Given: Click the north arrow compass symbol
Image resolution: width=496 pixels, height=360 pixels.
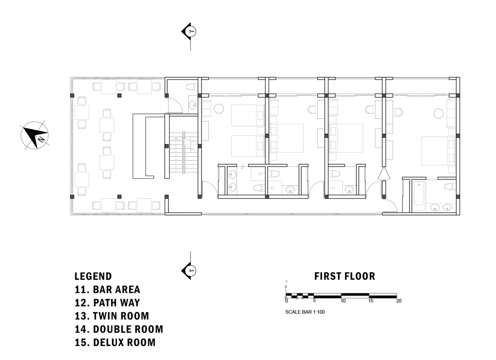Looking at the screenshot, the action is [35, 135].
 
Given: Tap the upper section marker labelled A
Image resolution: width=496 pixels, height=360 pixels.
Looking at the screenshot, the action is [189, 31].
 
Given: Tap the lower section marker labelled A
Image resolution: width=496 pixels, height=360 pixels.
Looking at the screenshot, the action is [189, 271].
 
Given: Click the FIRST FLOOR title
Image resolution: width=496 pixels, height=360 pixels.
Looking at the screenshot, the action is [345, 276].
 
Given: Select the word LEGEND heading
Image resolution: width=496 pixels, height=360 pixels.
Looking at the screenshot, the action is [93, 276].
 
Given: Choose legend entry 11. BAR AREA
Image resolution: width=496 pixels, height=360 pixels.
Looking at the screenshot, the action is [107, 290].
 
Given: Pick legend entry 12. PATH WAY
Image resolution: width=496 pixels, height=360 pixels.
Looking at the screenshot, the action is [107, 303].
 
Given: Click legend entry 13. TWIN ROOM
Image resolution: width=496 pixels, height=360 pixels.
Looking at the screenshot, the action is [112, 316].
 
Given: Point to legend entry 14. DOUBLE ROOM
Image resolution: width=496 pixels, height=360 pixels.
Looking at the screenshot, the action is [119, 330].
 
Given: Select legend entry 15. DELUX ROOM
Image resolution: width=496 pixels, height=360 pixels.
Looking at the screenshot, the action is [115, 343].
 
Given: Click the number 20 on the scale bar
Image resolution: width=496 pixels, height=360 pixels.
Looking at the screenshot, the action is [398, 301].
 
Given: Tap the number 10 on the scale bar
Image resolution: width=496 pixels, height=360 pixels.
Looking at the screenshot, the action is [343, 301].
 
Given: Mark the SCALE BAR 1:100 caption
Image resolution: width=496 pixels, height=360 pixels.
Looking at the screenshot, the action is [305, 312].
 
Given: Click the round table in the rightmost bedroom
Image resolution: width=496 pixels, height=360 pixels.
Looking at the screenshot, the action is [438, 113].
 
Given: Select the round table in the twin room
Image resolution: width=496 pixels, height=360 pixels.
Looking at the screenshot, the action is [219, 109].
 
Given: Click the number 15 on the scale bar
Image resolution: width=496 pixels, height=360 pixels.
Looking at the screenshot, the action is [371, 301].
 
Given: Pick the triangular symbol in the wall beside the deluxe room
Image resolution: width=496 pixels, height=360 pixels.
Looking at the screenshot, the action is [383, 174].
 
